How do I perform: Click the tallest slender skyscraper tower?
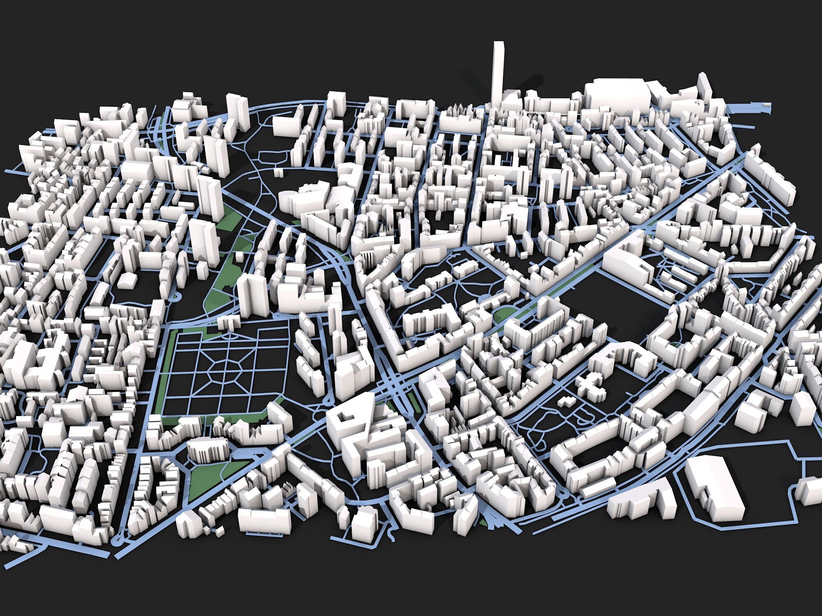[498, 74]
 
